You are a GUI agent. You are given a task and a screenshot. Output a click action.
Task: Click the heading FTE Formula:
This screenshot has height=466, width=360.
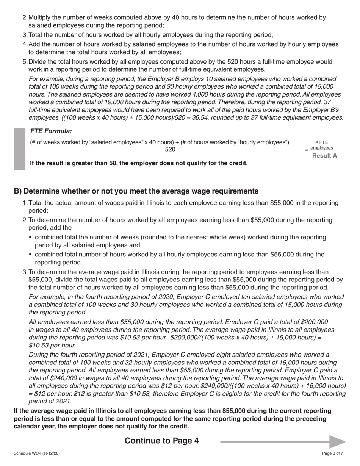click(x=51, y=131)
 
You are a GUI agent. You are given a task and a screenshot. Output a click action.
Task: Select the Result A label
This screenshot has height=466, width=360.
click(x=324, y=156)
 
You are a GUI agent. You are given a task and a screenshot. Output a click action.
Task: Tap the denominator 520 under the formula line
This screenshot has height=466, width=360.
click(x=170, y=149)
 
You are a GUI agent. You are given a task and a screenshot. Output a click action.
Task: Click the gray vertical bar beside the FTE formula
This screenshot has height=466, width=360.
click(x=20, y=149)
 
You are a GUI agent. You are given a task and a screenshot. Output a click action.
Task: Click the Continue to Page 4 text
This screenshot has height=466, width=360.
click(x=161, y=441)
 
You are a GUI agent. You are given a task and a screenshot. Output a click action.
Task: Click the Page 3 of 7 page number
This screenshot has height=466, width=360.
click(x=333, y=453)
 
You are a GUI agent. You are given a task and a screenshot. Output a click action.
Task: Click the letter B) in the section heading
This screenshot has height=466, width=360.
click(x=18, y=191)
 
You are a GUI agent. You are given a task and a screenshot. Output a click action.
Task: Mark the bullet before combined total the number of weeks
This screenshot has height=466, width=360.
click(x=31, y=238)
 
